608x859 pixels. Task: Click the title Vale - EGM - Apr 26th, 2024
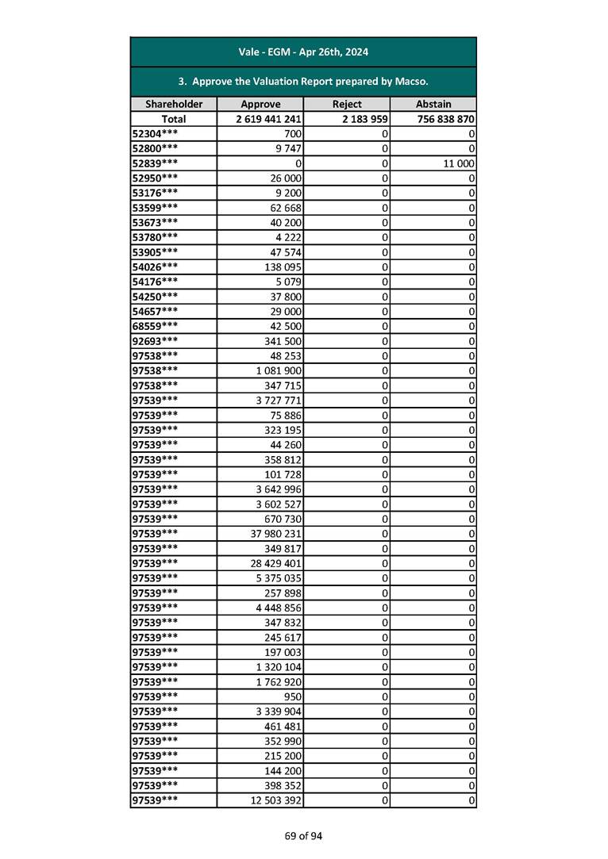coord(303,52)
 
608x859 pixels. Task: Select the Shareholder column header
coord(174,104)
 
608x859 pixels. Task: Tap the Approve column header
coord(260,104)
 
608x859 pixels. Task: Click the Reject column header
coord(347,104)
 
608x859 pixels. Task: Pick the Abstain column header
coord(433,104)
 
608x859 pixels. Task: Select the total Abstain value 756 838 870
coord(445,119)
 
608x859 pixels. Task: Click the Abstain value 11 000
coord(458,163)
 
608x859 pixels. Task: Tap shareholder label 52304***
coord(155,133)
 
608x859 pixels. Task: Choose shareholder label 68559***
coord(155,326)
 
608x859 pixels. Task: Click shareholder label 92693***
coord(155,341)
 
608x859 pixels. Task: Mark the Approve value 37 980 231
coord(275,534)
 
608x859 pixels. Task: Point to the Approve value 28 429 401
coord(275,563)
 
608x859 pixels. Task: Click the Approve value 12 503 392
coord(275,800)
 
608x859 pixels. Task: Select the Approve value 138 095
coord(283,267)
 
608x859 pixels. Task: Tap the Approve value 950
coord(292,696)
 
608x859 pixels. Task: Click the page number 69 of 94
coord(304,835)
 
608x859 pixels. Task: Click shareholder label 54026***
coord(155,267)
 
